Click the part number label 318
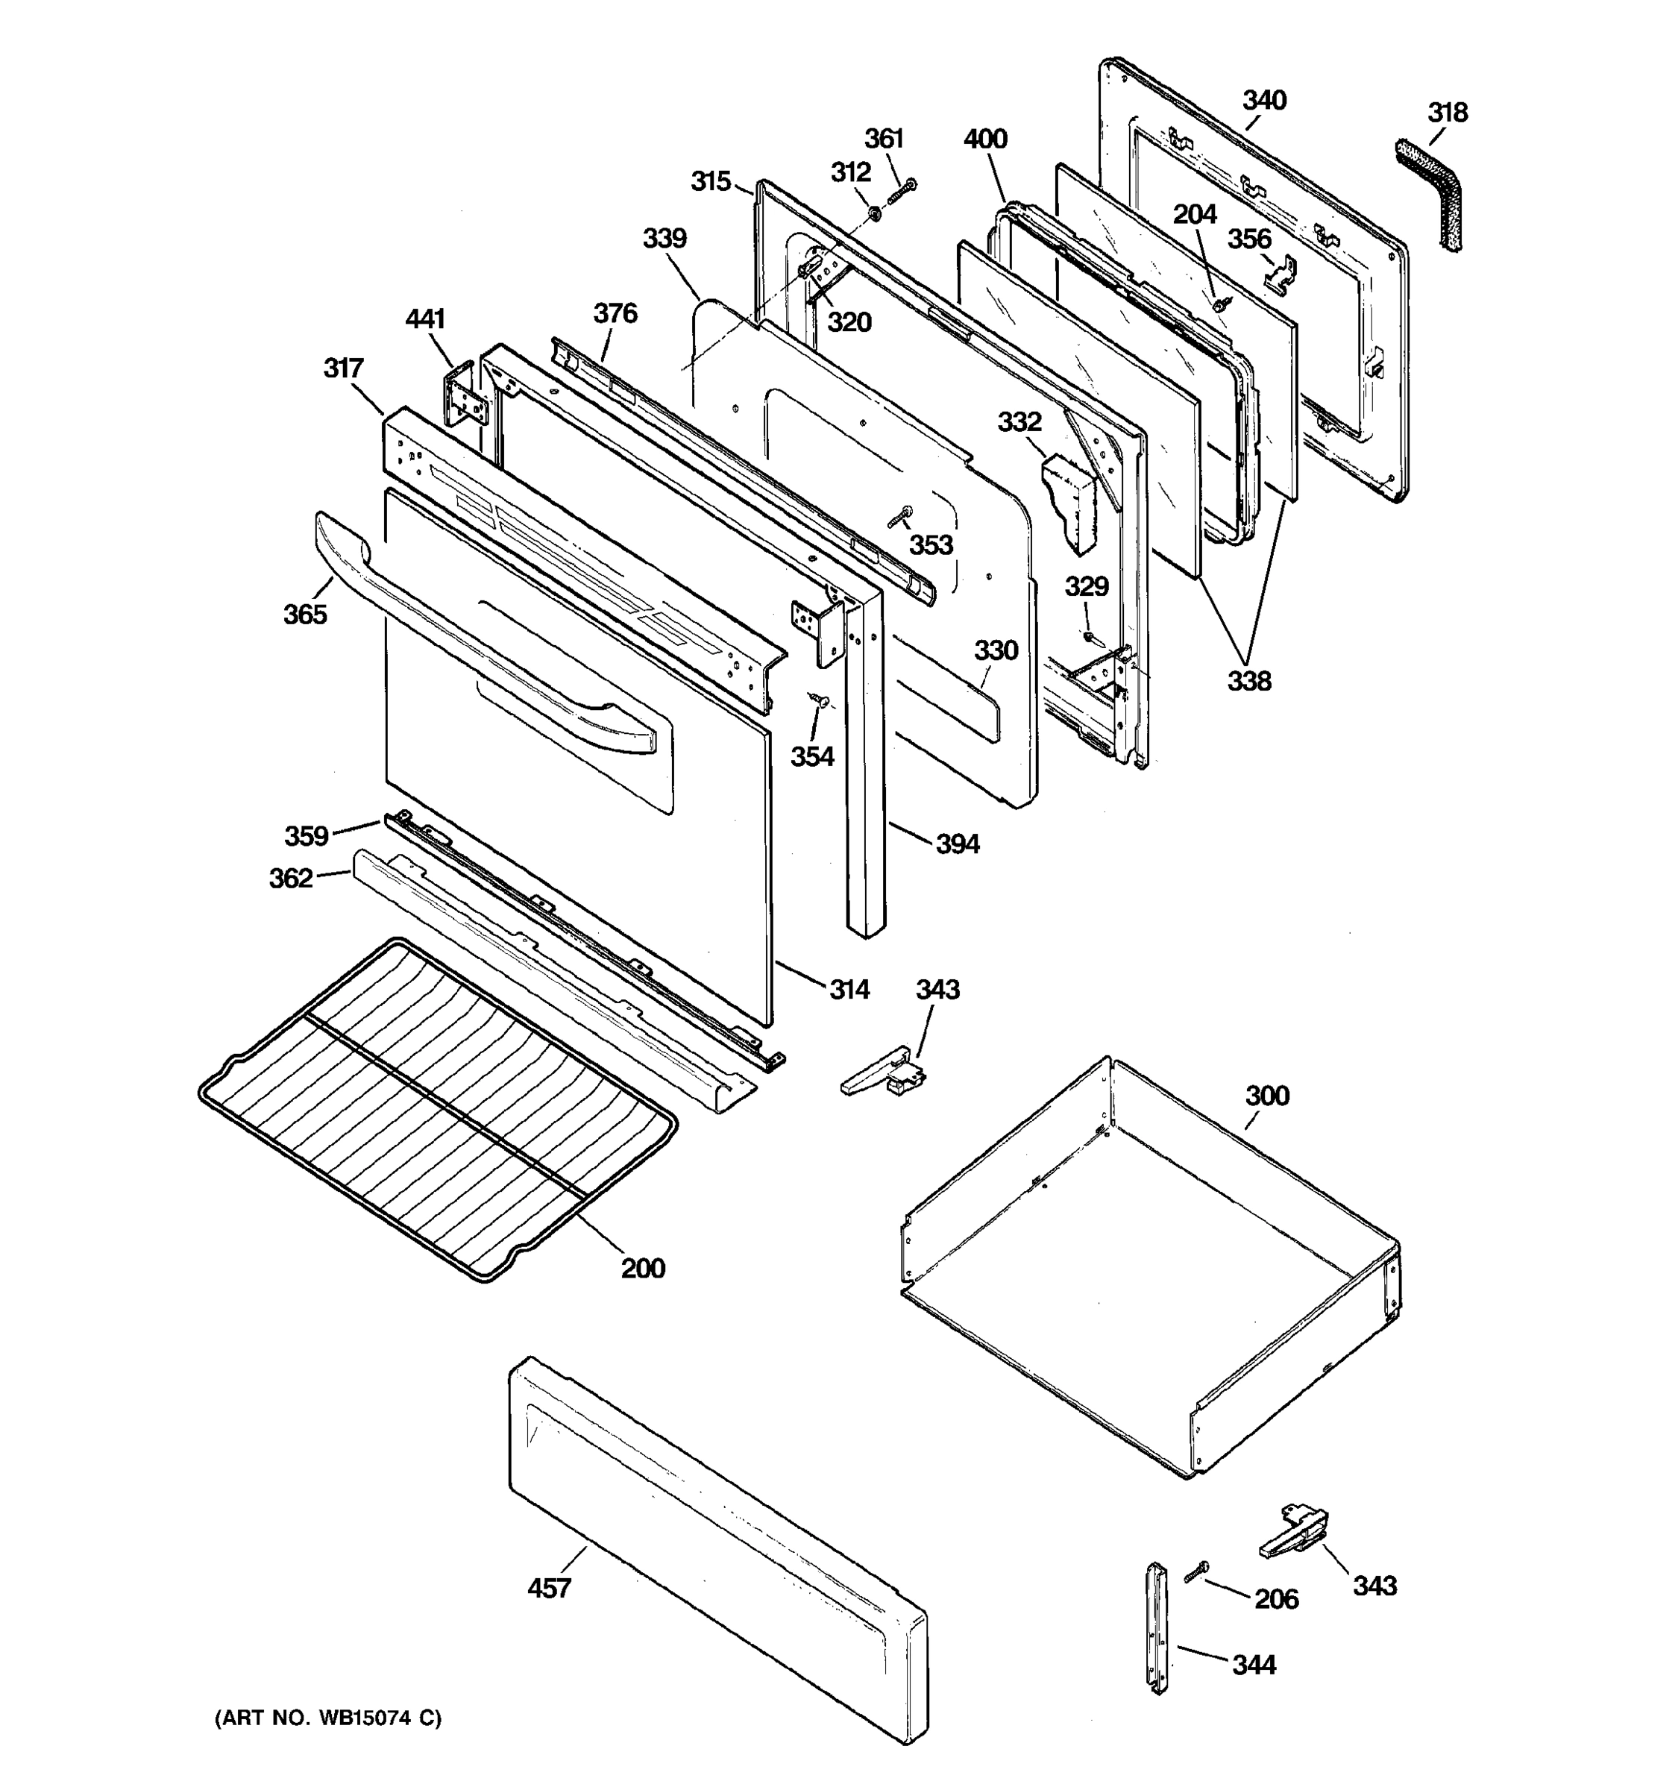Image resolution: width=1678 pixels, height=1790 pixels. [x=1447, y=113]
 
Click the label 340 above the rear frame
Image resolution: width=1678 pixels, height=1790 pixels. [x=1264, y=100]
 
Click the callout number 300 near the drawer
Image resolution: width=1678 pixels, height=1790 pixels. [x=1266, y=1096]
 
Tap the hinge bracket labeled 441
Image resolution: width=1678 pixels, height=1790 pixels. [x=462, y=395]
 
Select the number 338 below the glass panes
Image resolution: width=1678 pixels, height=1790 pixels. [x=1248, y=681]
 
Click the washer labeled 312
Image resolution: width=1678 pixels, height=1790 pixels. [x=874, y=213]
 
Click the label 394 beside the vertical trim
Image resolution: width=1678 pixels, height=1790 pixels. [x=957, y=844]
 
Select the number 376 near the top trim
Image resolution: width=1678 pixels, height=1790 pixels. [x=615, y=313]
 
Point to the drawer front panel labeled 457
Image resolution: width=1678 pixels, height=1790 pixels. [x=720, y=1548]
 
